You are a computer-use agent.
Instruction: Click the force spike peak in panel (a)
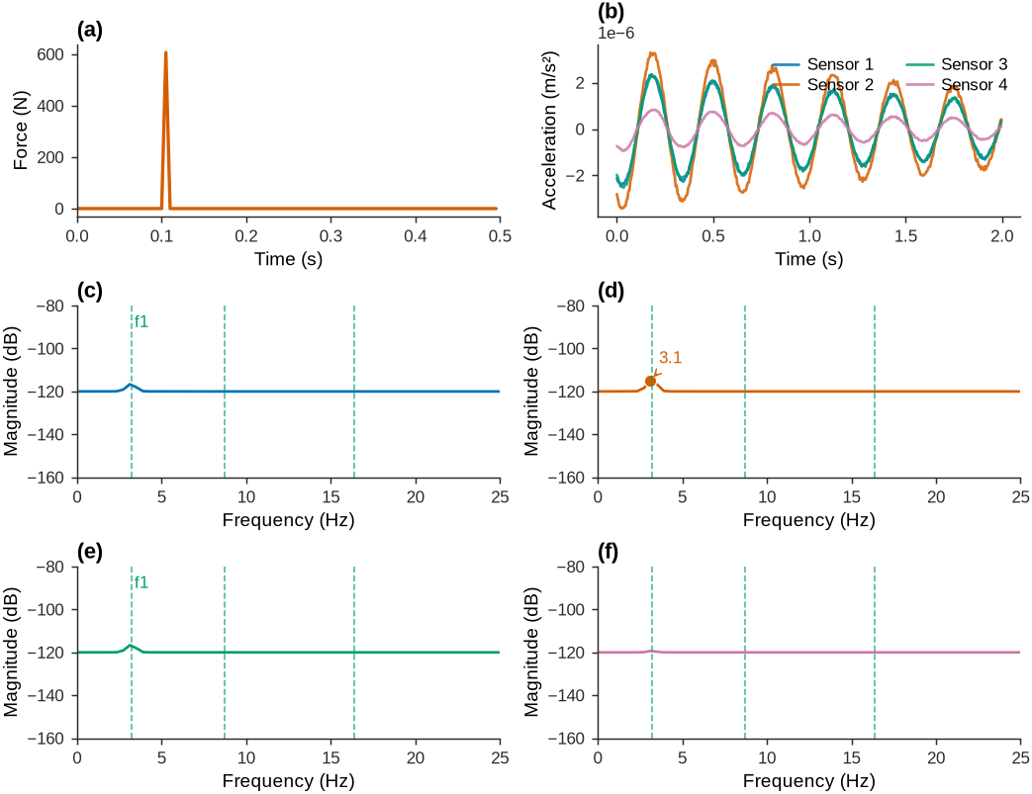point(166,52)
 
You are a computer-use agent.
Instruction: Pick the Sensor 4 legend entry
point(957,85)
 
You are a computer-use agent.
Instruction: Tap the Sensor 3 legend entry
point(957,64)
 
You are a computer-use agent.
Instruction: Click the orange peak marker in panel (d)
point(651,381)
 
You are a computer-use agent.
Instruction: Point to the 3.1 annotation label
point(670,358)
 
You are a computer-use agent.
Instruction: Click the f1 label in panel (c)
point(141,321)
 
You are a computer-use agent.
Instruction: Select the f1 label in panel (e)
point(141,582)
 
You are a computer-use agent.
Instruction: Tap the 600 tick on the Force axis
point(50,54)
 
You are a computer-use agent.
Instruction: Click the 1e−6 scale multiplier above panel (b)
point(616,33)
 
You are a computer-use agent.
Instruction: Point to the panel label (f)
point(608,553)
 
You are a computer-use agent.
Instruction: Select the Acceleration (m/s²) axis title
point(550,131)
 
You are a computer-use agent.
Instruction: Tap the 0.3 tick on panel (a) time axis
point(331,235)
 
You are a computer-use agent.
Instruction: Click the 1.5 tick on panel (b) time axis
point(906,235)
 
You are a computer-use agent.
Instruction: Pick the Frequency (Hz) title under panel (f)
point(809,781)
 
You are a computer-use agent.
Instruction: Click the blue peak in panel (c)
point(131,385)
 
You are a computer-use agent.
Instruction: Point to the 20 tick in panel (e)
point(416,757)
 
